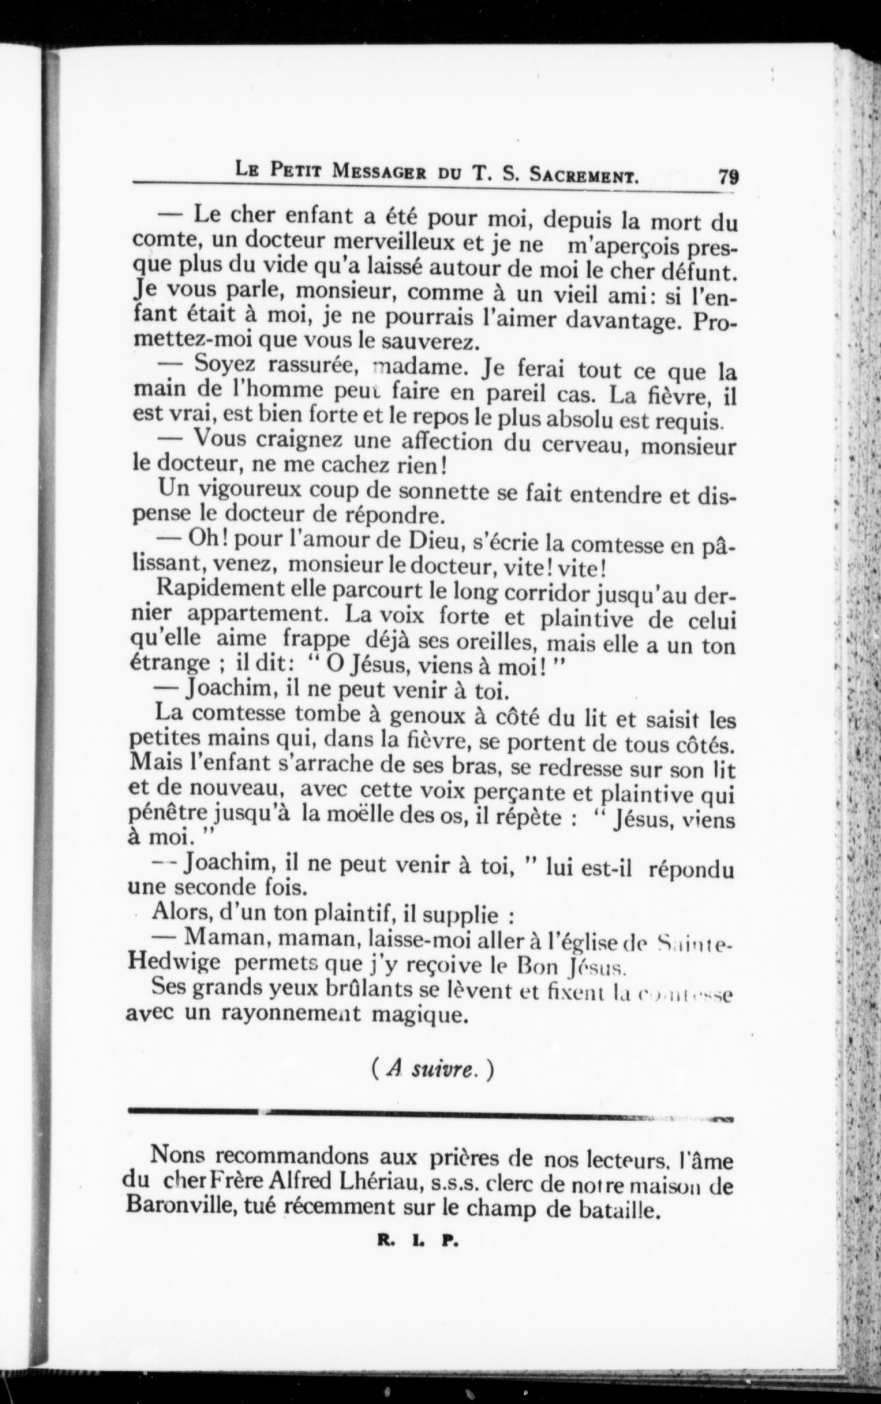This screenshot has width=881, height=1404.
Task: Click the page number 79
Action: (728, 176)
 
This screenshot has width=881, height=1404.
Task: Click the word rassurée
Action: (310, 366)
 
